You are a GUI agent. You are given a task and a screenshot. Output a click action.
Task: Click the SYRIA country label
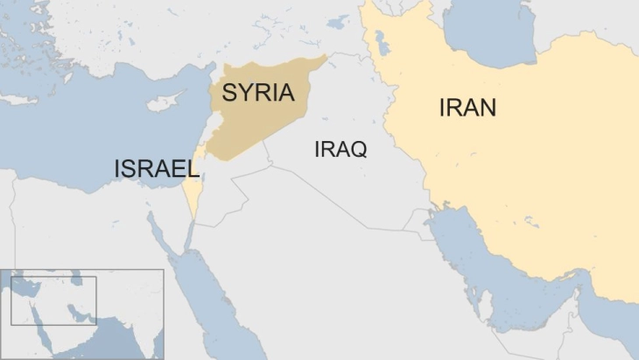click(x=258, y=94)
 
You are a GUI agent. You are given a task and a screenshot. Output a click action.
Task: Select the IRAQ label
click(x=340, y=149)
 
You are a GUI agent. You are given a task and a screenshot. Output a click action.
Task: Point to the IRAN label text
click(x=467, y=108)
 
